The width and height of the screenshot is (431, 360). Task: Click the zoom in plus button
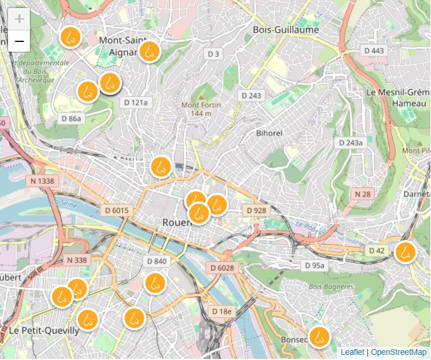coord(19,19)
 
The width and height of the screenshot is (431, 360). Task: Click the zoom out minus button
coord(19,41)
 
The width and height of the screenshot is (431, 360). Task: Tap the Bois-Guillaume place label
coord(285,29)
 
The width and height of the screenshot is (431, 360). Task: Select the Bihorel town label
coord(269,133)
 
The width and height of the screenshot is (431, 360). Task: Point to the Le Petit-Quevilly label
coord(44,331)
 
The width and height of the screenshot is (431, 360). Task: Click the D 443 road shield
coord(374,51)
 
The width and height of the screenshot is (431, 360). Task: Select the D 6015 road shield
coord(116,210)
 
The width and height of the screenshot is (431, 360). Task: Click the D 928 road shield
coord(257,210)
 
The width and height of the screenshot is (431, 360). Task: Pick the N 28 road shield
coord(362,194)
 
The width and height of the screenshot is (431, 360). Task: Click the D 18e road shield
coord(222,311)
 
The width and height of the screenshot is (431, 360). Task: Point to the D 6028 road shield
coord(221,268)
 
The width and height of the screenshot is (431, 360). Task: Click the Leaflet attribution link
coord(352,352)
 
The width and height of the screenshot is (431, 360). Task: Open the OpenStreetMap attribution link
coord(399,352)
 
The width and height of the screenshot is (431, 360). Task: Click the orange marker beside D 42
coord(405,251)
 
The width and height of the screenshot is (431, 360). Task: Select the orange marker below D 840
coord(154,282)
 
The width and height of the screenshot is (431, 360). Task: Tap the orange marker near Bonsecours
coord(319,336)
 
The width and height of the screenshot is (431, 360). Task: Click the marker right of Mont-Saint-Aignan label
coord(149,51)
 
